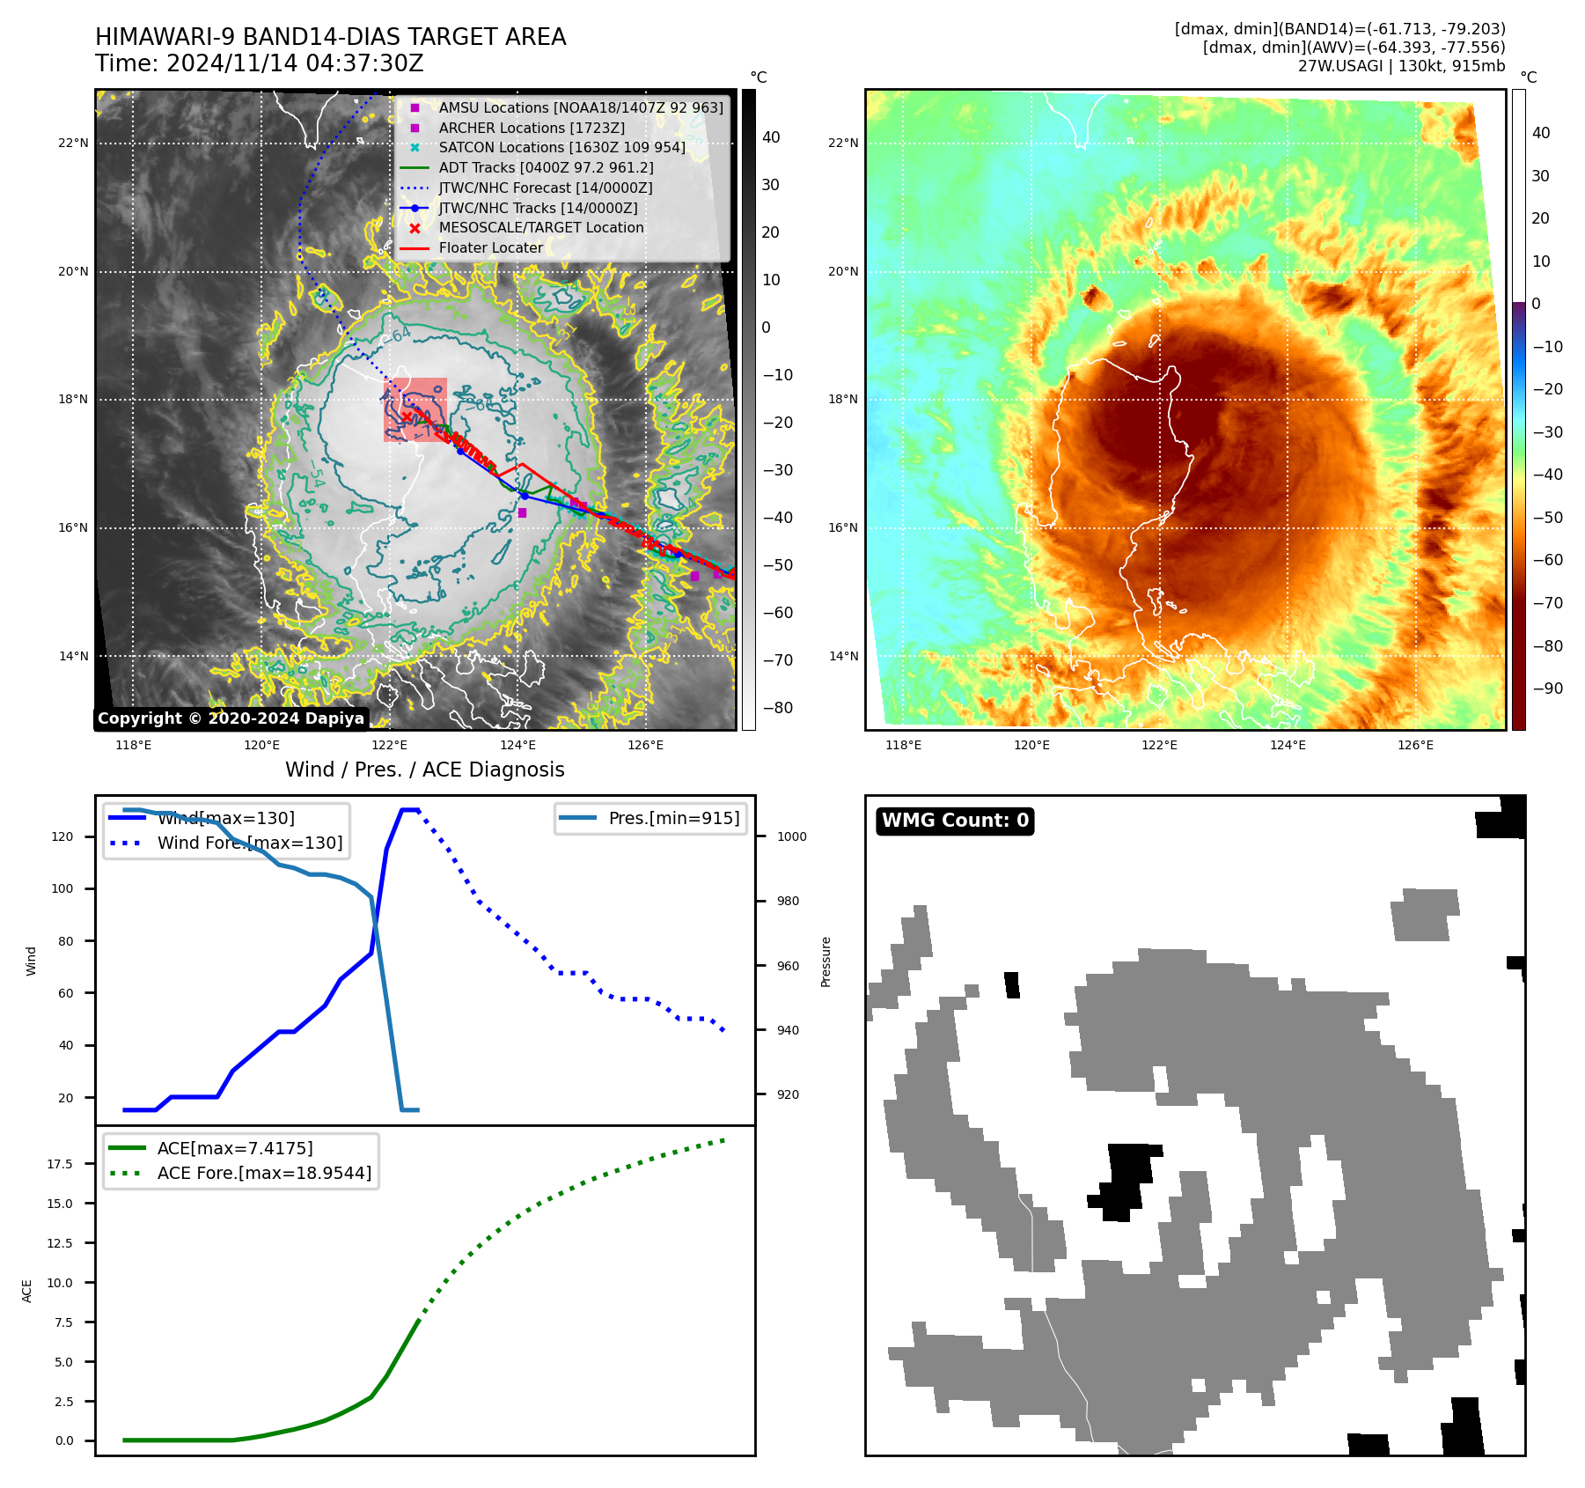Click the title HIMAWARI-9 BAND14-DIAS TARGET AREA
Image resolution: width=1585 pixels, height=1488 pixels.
click(x=330, y=37)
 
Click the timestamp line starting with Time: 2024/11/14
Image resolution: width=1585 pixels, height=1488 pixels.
click(x=260, y=63)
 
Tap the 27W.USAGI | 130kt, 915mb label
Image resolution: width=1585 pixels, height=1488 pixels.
click(x=1401, y=66)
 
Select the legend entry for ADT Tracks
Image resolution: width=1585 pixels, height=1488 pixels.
click(x=546, y=167)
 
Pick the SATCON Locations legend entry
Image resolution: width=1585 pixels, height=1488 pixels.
click(x=561, y=147)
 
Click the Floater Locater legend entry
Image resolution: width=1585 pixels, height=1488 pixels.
click(x=490, y=247)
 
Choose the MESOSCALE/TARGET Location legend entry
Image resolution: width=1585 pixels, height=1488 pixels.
click(x=541, y=227)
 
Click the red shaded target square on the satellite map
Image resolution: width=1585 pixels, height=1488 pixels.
click(x=415, y=409)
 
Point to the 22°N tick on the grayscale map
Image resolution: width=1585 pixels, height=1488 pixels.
click(x=74, y=143)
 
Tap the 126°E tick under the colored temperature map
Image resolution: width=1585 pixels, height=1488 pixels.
click(x=1415, y=745)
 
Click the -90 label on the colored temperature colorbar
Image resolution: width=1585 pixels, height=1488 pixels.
click(x=1547, y=689)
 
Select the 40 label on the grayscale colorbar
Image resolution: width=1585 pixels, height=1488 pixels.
click(x=771, y=137)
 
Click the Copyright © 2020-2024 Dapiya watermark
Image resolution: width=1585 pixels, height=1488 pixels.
click(x=231, y=718)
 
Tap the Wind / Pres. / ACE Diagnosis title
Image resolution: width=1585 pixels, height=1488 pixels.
click(x=425, y=770)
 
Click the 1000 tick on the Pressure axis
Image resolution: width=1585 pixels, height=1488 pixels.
click(x=791, y=836)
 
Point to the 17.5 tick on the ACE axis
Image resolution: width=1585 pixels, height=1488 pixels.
click(x=60, y=1164)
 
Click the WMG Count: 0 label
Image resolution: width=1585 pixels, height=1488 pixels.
click(x=955, y=821)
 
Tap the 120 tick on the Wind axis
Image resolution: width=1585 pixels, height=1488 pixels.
click(x=62, y=836)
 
